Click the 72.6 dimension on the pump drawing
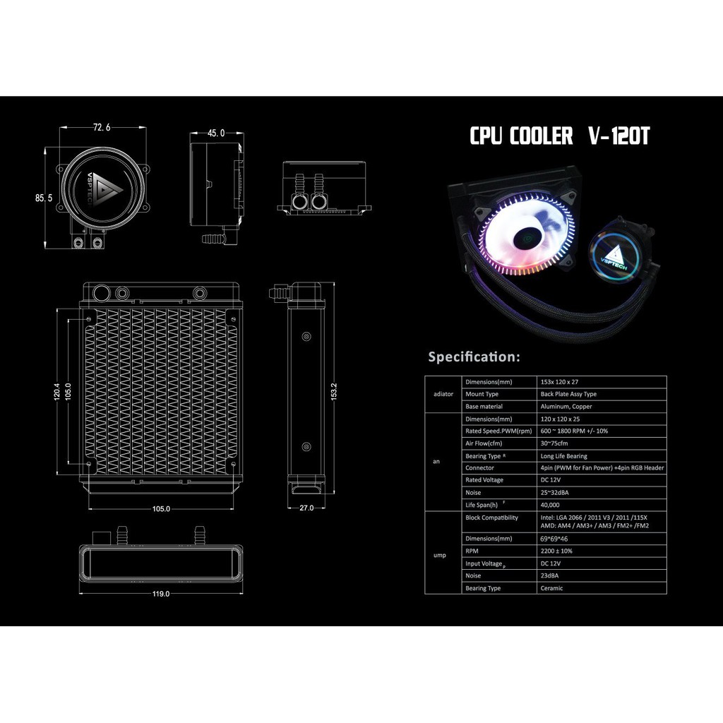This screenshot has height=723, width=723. click(x=101, y=128)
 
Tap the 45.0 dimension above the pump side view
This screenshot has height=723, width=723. click(x=217, y=133)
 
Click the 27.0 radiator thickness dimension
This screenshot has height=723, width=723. click(x=305, y=508)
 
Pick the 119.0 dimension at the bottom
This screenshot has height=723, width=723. click(x=161, y=594)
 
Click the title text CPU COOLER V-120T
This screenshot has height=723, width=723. click(x=559, y=136)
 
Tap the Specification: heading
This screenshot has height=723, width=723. click(x=474, y=357)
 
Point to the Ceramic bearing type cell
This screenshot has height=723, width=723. click(x=552, y=588)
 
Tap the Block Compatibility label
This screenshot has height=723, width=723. click(x=491, y=518)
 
